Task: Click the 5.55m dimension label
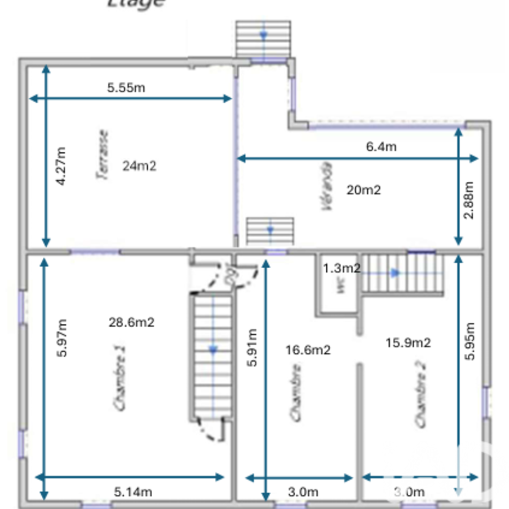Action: click(x=126, y=88)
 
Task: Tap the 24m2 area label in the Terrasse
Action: click(x=139, y=165)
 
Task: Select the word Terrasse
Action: click(x=103, y=154)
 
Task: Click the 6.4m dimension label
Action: click(x=381, y=147)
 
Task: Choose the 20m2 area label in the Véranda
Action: click(x=363, y=190)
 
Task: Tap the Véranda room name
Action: click(x=327, y=186)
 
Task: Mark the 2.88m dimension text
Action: click(x=469, y=200)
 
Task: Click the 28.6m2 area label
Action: click(x=131, y=322)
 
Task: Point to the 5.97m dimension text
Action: click(x=62, y=338)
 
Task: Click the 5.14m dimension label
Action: click(x=132, y=492)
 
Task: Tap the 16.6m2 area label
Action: click(x=307, y=350)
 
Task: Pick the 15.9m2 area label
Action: click(x=408, y=343)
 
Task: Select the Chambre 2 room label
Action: click(x=420, y=394)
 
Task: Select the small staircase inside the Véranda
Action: click(x=270, y=231)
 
